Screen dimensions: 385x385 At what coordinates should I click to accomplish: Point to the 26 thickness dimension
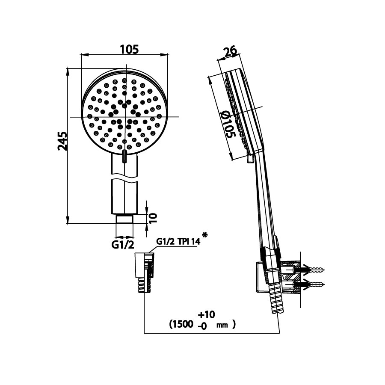tap(230, 52)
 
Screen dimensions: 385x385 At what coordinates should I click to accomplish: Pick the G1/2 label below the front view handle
tap(124, 245)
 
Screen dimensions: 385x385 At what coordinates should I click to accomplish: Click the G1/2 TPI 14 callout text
tap(178, 242)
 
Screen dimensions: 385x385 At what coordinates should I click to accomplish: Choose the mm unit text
tap(222, 326)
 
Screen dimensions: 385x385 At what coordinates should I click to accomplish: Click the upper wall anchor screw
tap(314, 270)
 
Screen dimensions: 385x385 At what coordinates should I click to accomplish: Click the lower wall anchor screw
tap(314, 284)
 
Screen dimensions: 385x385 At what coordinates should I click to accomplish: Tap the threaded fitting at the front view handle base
tap(125, 219)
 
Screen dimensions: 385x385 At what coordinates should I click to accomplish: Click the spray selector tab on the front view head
tap(124, 157)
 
